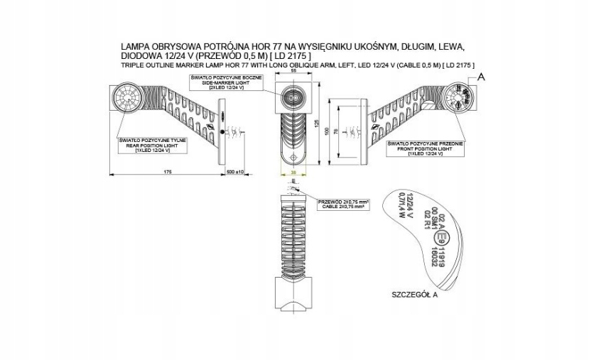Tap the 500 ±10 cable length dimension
pos(235,172)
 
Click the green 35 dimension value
pos(293,173)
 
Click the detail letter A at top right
pos(482,76)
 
